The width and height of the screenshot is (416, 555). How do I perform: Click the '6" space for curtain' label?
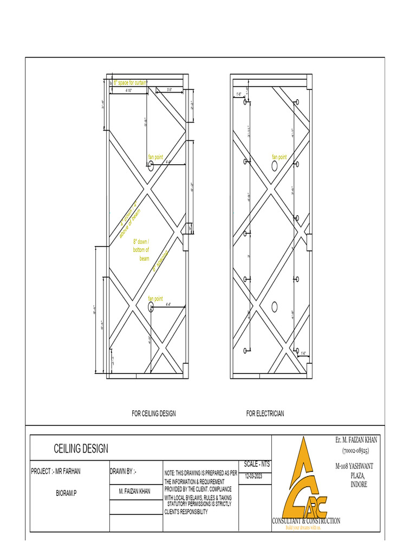tap(130, 82)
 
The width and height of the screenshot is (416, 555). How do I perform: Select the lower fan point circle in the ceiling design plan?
tap(151, 306)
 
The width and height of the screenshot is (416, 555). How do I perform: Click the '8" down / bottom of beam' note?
tap(141, 250)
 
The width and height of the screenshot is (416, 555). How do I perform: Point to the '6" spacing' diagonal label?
tap(160, 260)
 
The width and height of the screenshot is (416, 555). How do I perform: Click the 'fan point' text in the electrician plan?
tap(279, 157)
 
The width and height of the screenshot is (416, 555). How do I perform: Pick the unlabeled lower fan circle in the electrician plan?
tap(275, 307)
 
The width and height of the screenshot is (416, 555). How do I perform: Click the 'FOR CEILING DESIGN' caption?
tap(154, 414)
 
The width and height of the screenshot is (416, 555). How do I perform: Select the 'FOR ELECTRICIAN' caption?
tap(265, 414)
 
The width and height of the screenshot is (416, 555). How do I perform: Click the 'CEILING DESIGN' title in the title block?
tap(81, 449)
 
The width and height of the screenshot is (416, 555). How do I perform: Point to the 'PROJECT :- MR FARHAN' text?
tap(56, 472)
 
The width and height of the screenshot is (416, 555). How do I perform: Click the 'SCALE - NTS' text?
tap(257, 464)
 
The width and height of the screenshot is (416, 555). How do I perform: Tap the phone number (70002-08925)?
tap(355, 450)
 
